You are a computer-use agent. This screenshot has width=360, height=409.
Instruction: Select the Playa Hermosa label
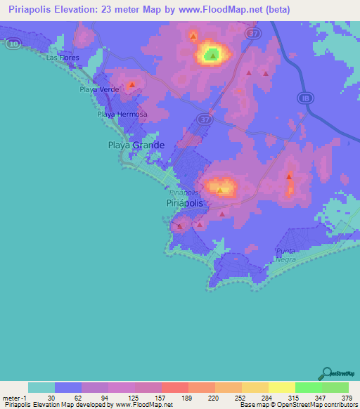pos(122,115)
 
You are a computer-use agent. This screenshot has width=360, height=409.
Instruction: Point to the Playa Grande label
pos(136,145)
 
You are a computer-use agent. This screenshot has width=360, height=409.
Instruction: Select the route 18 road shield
pos(303,98)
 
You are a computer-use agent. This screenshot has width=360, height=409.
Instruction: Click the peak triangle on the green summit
pos(213,53)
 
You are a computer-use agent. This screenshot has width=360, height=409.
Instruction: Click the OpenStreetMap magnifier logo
pos(326,372)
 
